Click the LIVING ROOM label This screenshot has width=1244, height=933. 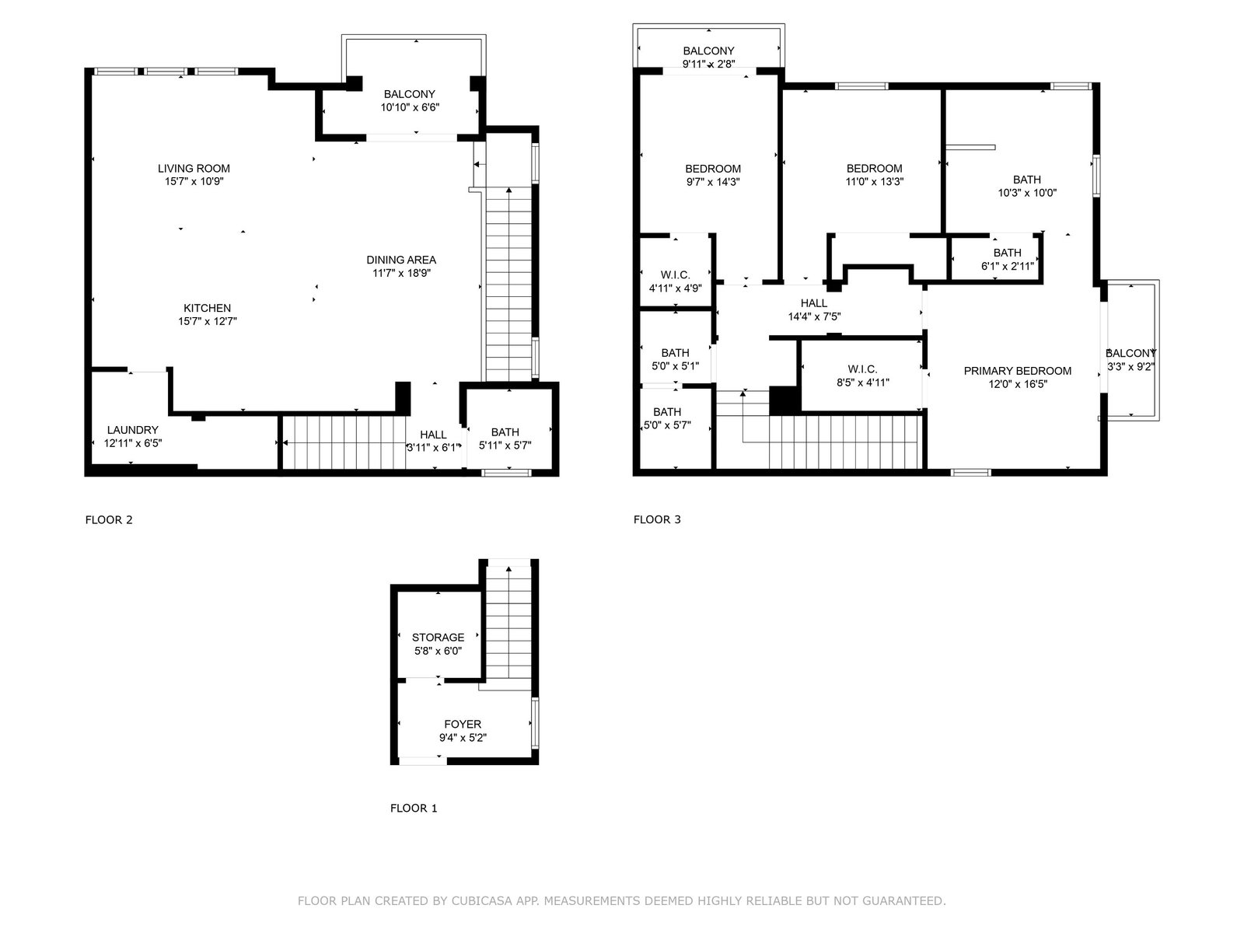[x=194, y=168]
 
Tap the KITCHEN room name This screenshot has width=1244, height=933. [x=208, y=308]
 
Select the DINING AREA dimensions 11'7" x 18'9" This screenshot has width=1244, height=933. [x=401, y=273]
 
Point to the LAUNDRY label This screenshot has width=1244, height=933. [x=133, y=430]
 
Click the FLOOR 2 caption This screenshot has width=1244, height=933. [x=109, y=519]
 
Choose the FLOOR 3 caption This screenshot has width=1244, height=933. [x=657, y=519]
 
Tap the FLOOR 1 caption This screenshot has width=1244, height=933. [x=414, y=808]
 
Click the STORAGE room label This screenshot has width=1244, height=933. [x=438, y=638]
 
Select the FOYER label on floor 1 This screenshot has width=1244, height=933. [x=463, y=724]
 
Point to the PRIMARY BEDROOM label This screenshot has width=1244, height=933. [x=1018, y=371]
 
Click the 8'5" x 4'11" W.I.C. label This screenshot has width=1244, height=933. [x=863, y=376]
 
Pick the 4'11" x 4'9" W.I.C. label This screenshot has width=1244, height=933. [x=676, y=281]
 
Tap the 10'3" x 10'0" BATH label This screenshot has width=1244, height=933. [x=1028, y=187]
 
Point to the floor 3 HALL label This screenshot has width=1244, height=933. [x=814, y=303]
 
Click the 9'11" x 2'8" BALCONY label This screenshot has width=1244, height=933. [x=709, y=58]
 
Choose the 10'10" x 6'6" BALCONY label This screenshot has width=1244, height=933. [x=410, y=101]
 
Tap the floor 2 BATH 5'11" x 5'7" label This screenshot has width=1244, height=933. [x=505, y=439]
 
